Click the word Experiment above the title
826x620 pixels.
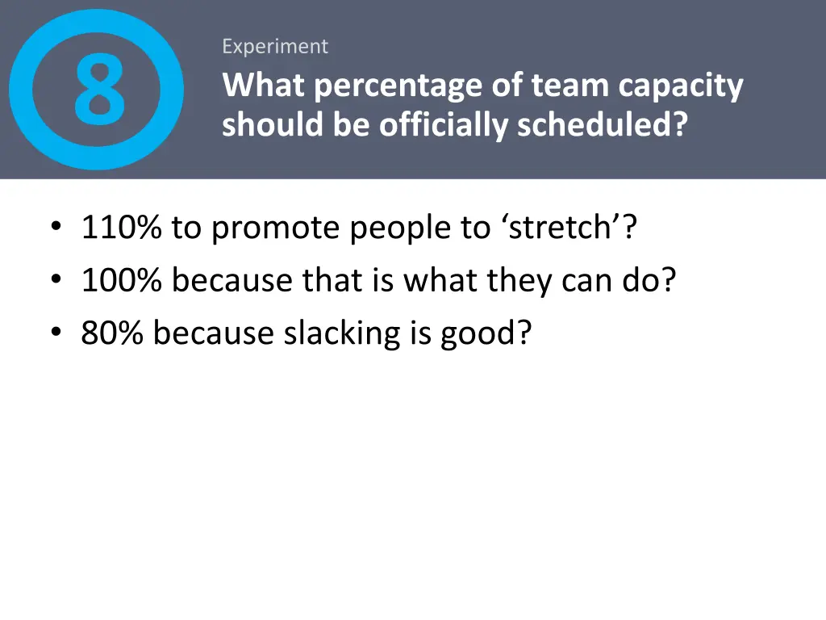click(275, 47)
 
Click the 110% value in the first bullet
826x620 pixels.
click(121, 228)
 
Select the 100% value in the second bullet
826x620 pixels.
click(121, 281)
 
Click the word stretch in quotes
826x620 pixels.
click(561, 228)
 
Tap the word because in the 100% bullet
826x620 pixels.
click(233, 281)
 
